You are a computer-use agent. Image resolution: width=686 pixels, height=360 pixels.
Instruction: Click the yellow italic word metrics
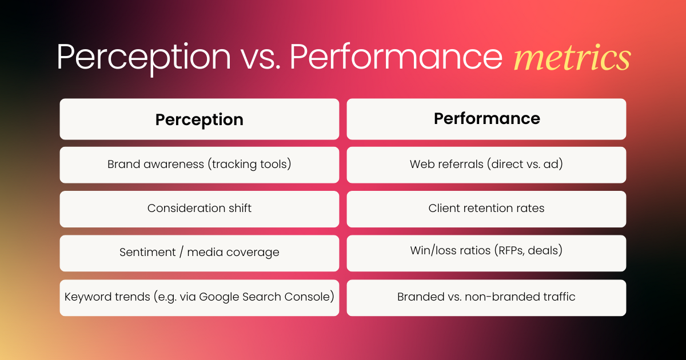click(x=572, y=57)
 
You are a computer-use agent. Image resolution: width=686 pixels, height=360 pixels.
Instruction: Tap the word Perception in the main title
click(x=143, y=58)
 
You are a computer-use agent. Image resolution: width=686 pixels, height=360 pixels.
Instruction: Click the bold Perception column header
click(x=200, y=119)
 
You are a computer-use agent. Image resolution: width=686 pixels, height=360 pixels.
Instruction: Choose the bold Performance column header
click(x=487, y=118)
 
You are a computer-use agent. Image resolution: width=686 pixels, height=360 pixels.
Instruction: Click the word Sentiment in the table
click(x=147, y=252)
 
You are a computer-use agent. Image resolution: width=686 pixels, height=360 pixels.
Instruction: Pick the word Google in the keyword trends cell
click(x=219, y=297)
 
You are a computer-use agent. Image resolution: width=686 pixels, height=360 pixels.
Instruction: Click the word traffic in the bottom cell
click(x=559, y=297)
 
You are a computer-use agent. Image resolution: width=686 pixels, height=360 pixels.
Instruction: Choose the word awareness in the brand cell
click(x=174, y=165)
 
